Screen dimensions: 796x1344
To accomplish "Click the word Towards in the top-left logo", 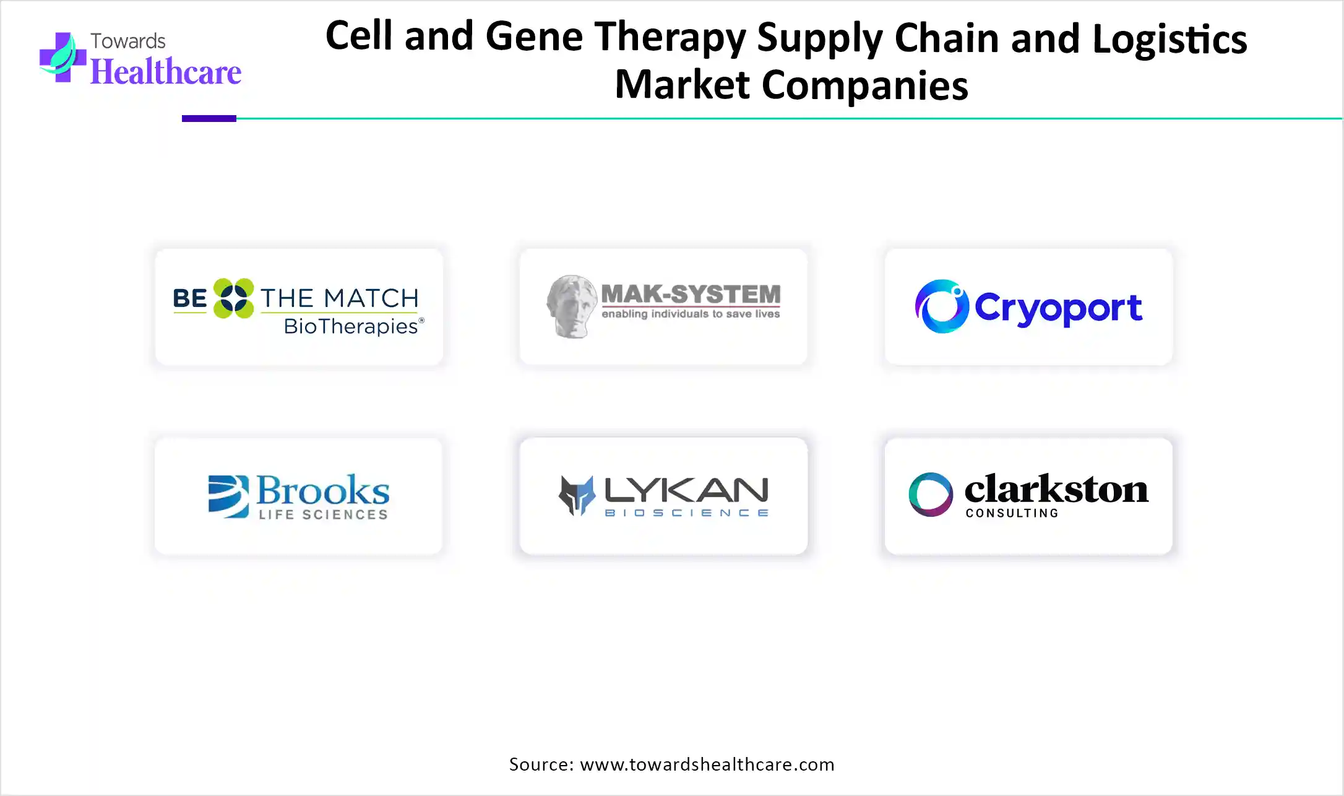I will coord(128,41).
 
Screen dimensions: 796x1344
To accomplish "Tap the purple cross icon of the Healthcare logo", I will coord(62,58).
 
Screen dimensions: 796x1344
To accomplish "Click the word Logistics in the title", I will coord(1170,39).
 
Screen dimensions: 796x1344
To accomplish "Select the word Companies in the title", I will coord(864,85).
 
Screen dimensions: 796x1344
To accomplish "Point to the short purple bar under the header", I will coord(209,118).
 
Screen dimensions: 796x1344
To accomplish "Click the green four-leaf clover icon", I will coord(233,298).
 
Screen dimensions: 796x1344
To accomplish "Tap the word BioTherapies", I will coord(350,326).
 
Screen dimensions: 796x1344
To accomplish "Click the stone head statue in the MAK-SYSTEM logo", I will coord(571,306).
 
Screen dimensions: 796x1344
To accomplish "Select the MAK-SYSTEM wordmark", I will coord(691,294).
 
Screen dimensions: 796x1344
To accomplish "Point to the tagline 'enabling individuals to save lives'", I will coord(691,314).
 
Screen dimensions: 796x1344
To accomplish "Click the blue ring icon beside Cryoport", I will coord(941,306).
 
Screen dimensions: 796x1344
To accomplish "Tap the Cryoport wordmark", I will coord(1058,308).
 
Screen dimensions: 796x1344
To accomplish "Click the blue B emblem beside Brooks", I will coord(228,496).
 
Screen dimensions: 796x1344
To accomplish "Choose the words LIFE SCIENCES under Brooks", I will coord(323,514).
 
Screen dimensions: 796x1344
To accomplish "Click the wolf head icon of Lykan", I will coord(576,495).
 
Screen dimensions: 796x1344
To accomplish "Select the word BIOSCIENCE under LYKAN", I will coord(686,513).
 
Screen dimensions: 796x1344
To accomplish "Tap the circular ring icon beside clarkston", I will coord(930,494).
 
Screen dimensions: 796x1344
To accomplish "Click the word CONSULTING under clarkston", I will coord(1012,513).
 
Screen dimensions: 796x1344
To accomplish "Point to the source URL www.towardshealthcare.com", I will coord(707,764).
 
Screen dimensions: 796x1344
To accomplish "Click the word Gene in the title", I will coord(533,37).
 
